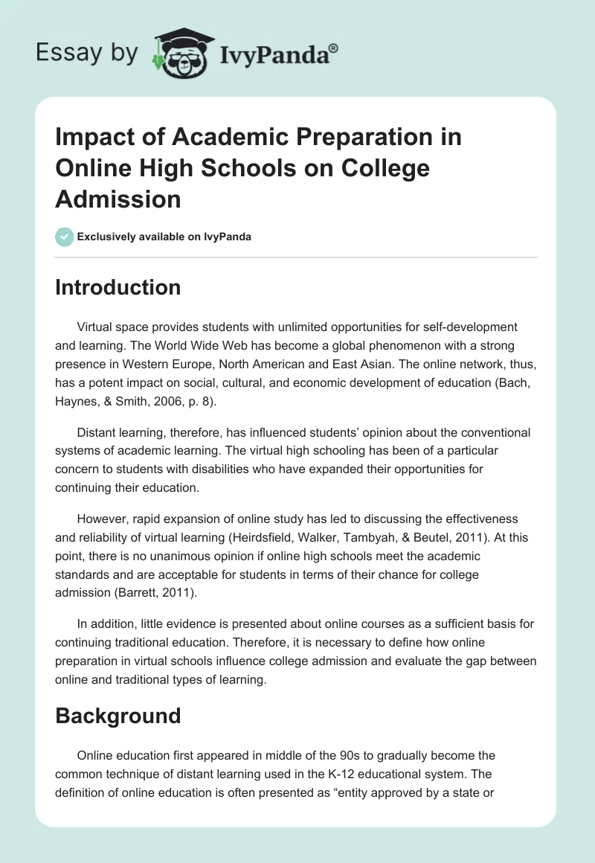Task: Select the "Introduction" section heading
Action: coord(118,287)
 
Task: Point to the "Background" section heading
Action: coord(118,716)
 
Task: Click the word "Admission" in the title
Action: coord(118,199)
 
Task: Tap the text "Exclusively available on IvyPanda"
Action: coord(164,237)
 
